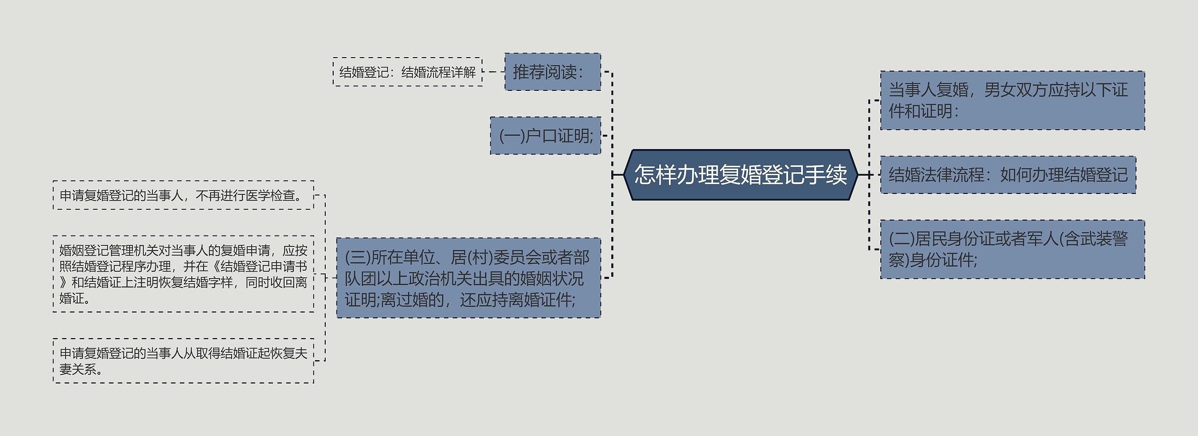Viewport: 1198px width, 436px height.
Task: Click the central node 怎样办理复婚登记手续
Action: (x=740, y=175)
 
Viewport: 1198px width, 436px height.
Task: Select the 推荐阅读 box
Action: (x=552, y=72)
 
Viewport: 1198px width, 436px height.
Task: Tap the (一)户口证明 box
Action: (x=545, y=136)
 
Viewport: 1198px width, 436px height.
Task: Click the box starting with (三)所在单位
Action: (x=468, y=278)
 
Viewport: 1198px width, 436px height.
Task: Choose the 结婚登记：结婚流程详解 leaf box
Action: (x=407, y=72)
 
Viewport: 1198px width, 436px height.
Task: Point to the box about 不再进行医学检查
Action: (x=183, y=195)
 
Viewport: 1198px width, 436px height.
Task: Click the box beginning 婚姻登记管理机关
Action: (x=183, y=274)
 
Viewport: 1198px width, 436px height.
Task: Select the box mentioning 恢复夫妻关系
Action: (x=183, y=361)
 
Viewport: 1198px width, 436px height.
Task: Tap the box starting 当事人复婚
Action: (x=1012, y=100)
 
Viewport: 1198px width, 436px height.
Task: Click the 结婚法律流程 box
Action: (x=1008, y=175)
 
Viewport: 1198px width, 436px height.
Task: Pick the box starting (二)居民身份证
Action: (x=1012, y=249)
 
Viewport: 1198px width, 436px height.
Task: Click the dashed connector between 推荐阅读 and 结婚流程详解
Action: (x=493, y=72)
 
